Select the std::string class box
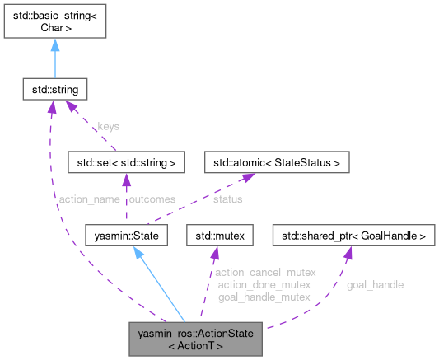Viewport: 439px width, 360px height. coord(54,86)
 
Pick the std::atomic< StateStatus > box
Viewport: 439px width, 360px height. coord(277,162)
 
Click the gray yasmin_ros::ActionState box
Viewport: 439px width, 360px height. coord(197,339)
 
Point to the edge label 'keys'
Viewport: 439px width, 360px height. coord(109,127)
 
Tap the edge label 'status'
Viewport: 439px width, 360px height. coord(227,199)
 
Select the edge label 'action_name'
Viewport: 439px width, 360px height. coord(86,199)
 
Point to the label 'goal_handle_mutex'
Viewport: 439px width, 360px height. coord(264,297)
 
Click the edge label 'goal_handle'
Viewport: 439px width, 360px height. coord(375,284)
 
